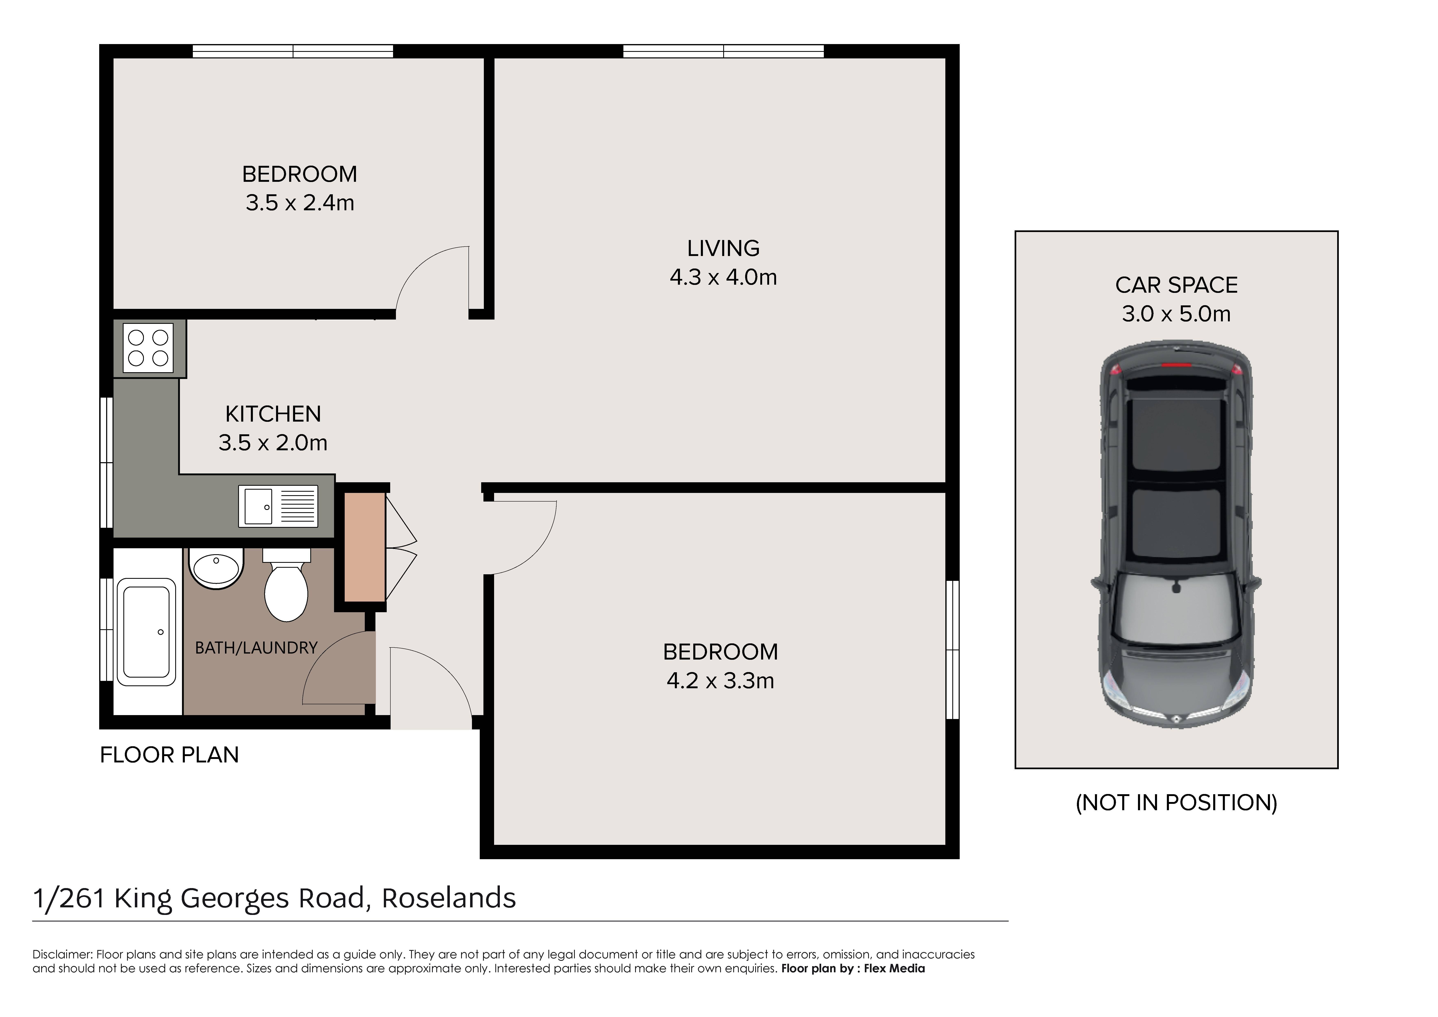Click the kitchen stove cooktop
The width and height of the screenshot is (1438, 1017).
[x=148, y=348]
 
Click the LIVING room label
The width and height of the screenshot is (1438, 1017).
[x=723, y=249]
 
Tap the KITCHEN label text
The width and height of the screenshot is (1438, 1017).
[x=273, y=414]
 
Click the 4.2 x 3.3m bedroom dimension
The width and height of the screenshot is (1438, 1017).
[x=720, y=681]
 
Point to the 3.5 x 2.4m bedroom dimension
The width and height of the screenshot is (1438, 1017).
[x=300, y=203]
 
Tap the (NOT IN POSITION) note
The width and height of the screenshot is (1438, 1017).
[x=1176, y=803]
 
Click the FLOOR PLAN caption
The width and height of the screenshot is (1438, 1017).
[x=169, y=755]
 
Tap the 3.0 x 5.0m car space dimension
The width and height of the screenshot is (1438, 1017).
[x=1176, y=314]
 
